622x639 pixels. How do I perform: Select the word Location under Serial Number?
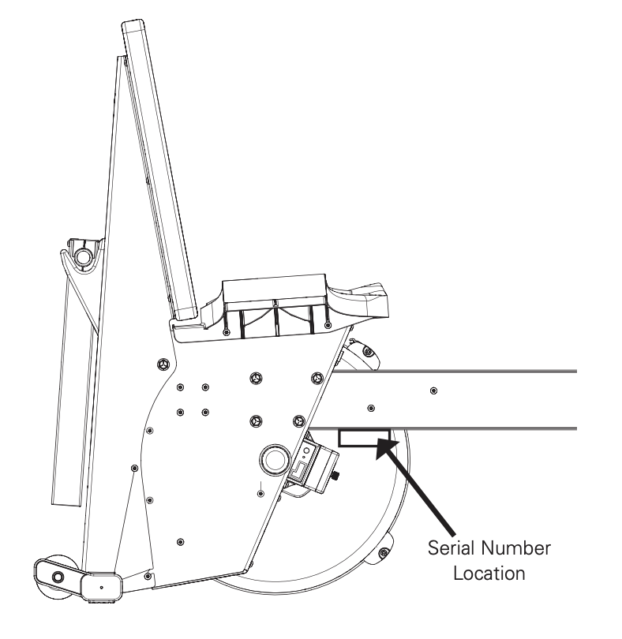pos(482,573)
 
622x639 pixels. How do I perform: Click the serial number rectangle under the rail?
pos(364,438)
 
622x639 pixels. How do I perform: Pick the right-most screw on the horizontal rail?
pos(433,390)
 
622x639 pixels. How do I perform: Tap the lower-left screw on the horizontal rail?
pos(369,408)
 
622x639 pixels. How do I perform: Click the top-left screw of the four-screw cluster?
pos(181,387)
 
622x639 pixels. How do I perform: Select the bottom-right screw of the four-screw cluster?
pos(205,411)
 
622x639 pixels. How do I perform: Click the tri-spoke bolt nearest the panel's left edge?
pos(163,364)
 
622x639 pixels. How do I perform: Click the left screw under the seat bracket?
pos(227,332)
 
